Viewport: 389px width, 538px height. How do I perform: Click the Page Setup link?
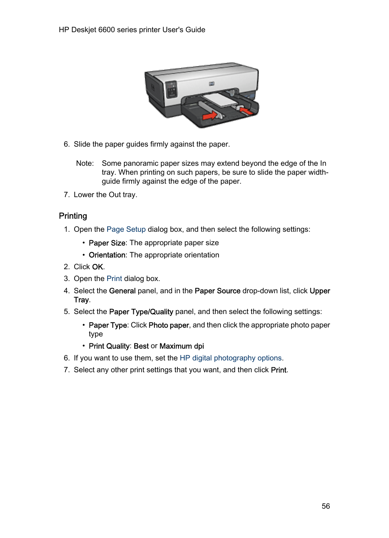(126, 229)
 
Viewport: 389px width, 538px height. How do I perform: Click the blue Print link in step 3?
(114, 279)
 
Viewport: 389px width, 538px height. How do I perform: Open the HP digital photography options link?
(230, 358)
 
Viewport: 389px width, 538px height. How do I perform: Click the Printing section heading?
(73, 216)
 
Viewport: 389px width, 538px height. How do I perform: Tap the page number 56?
(325, 506)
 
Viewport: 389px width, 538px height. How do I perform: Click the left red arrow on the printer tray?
(210, 116)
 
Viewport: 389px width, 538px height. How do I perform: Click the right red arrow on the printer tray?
(246, 110)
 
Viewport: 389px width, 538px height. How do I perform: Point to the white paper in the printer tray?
(221, 100)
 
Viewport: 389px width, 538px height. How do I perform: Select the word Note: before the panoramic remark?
(85, 163)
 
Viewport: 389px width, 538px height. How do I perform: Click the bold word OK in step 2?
(97, 267)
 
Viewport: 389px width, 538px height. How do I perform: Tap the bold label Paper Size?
(107, 243)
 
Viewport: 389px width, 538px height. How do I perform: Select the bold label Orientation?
(107, 255)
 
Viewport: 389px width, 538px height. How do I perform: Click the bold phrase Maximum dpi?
(181, 346)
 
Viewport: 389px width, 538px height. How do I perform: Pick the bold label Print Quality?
(109, 346)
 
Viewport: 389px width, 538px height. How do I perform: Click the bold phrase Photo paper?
(169, 325)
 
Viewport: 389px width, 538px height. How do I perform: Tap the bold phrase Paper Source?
(217, 291)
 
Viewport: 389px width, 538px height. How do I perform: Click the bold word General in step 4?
(122, 291)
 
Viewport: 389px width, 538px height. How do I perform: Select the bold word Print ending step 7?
(278, 370)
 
